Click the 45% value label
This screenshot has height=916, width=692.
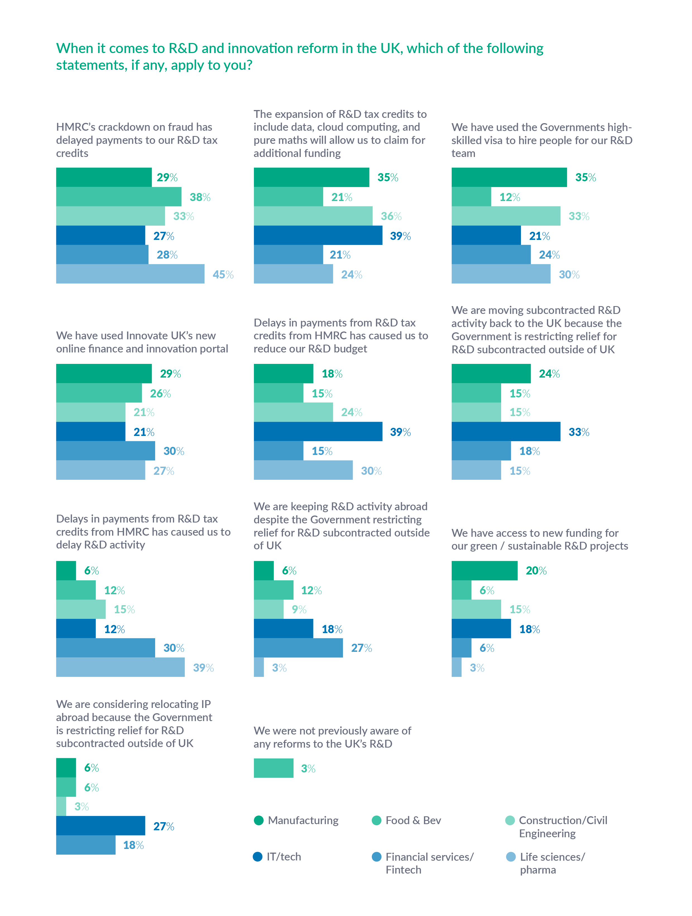[223, 275]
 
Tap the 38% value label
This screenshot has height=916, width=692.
[200, 197]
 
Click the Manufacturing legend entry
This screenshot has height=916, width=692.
[296, 820]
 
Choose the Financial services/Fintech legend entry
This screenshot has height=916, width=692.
[422, 863]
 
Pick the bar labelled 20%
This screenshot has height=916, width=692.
[484, 571]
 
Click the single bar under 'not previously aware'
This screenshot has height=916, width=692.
[273, 768]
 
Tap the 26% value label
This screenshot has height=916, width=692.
[160, 393]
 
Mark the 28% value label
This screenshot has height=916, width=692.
[167, 255]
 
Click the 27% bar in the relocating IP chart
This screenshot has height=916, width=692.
[100, 826]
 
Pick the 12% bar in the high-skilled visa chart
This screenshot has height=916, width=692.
[471, 197]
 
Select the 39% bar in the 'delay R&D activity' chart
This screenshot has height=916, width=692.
[120, 667]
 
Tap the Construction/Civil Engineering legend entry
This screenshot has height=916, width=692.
[556, 827]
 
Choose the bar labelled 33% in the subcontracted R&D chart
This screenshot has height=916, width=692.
[506, 431]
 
